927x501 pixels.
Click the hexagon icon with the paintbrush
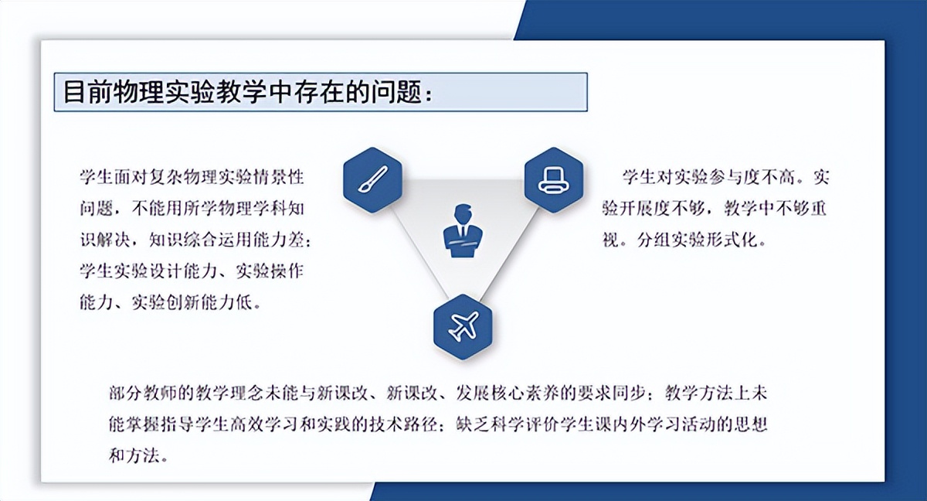372,179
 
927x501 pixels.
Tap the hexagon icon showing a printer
555,179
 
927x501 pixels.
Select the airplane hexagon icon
463,326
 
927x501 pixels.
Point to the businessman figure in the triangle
463,230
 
